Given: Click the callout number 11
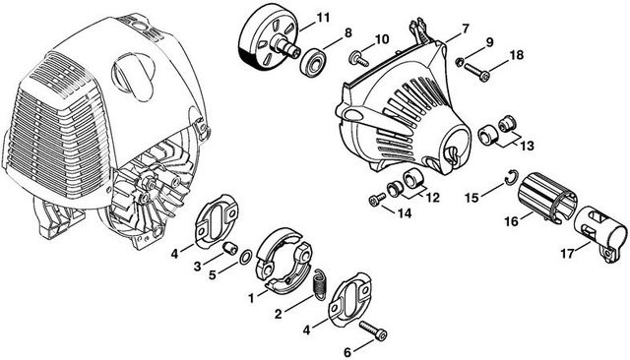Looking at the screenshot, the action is click(x=323, y=18).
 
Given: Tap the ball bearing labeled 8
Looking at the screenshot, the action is click(x=313, y=62).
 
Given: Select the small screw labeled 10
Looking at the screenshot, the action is click(x=358, y=60).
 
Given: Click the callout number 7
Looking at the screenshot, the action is click(x=465, y=29).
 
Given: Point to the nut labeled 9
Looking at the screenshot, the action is click(x=460, y=61).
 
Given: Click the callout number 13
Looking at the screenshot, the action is click(x=527, y=146).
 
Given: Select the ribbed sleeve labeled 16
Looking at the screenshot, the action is click(x=547, y=197).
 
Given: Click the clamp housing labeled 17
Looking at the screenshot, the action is click(x=600, y=235).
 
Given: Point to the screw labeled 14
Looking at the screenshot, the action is click(x=377, y=199).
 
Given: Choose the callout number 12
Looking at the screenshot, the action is click(x=432, y=198).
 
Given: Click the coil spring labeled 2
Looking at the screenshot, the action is click(x=320, y=284).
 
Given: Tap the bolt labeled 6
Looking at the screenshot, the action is click(x=374, y=330).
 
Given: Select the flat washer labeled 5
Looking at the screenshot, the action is click(x=245, y=258).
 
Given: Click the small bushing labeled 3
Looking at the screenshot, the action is click(x=230, y=248).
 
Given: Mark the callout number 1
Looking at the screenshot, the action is click(x=252, y=299).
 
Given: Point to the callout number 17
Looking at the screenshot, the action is click(x=567, y=254).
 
